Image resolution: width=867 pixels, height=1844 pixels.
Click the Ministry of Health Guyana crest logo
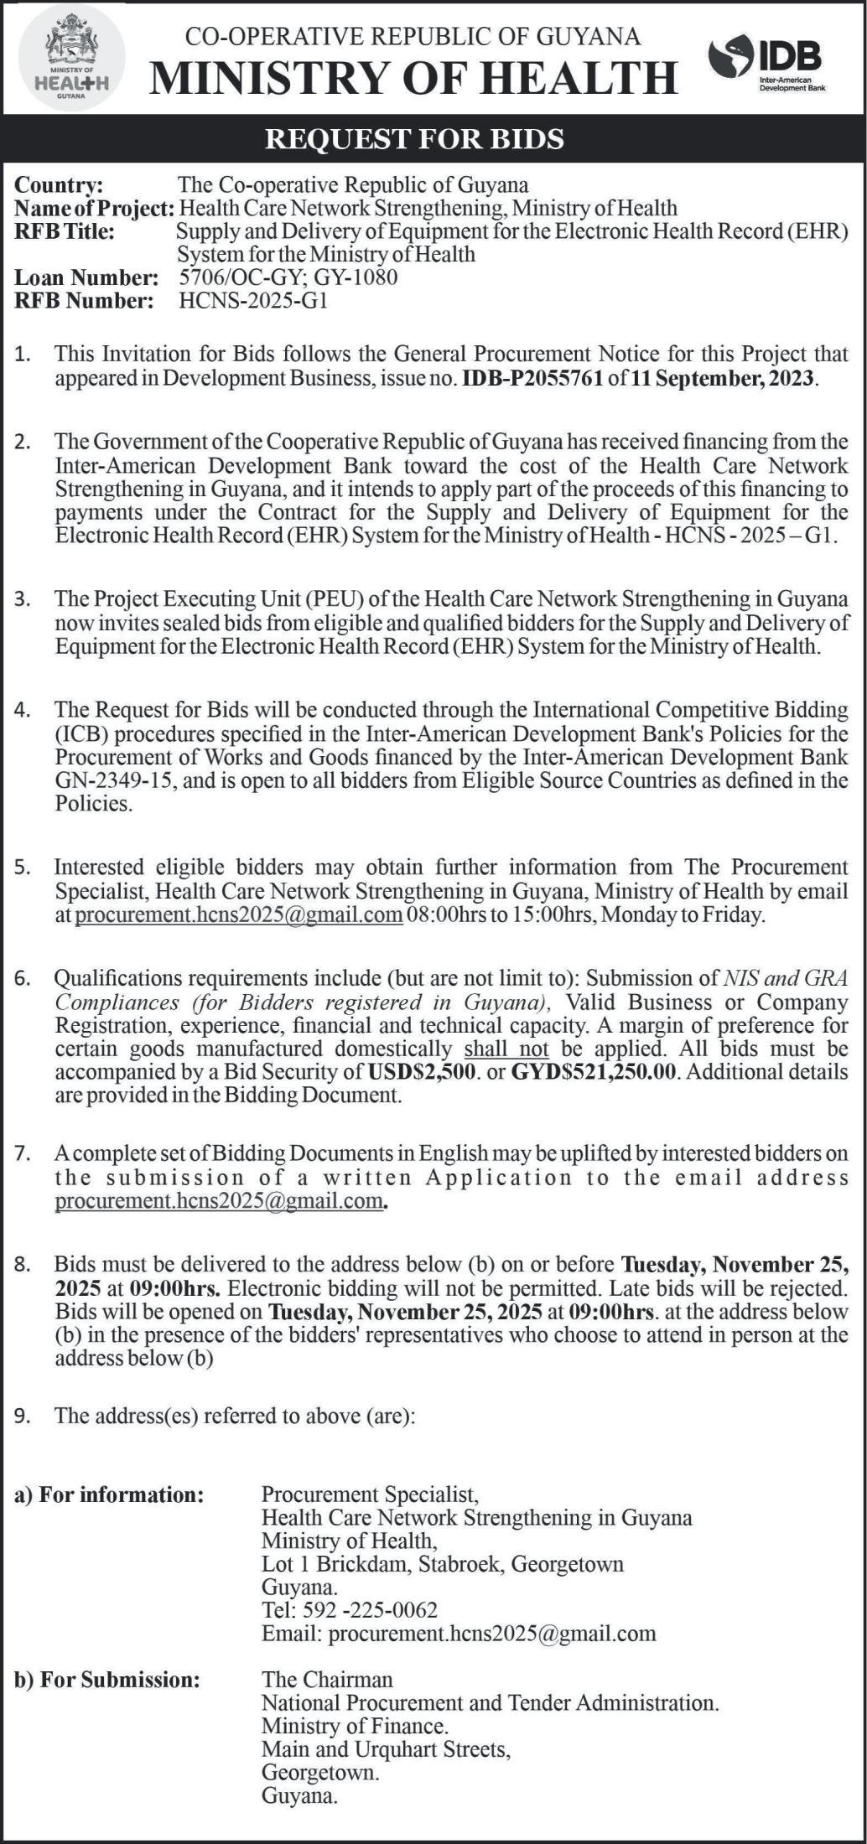[70, 58]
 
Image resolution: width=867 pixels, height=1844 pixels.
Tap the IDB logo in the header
[766, 63]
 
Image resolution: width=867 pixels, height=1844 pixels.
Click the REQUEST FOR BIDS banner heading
[414, 138]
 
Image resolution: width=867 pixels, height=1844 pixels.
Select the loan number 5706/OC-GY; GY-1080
[288, 277]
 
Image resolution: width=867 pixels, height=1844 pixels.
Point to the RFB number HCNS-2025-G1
[253, 300]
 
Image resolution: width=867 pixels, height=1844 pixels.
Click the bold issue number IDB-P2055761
[532, 378]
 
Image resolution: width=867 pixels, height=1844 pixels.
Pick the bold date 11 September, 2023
[722, 378]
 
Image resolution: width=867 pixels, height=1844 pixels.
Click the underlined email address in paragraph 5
[239, 914]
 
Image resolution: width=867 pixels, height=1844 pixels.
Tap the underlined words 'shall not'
[506, 1049]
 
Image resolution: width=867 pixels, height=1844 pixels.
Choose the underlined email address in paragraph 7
[219, 1200]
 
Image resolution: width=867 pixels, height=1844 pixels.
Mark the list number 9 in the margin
[23, 1417]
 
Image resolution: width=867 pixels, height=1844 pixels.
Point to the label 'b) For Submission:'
[107, 1679]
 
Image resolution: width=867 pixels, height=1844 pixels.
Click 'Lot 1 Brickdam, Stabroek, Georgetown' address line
[443, 1563]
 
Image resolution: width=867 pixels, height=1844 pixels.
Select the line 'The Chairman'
[327, 1679]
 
